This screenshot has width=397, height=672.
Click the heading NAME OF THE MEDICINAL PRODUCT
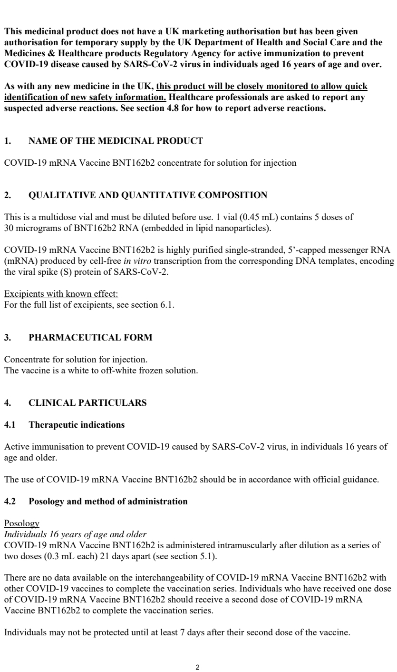pos(116,141)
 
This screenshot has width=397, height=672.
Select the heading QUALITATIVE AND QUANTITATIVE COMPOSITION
pos(148,195)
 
